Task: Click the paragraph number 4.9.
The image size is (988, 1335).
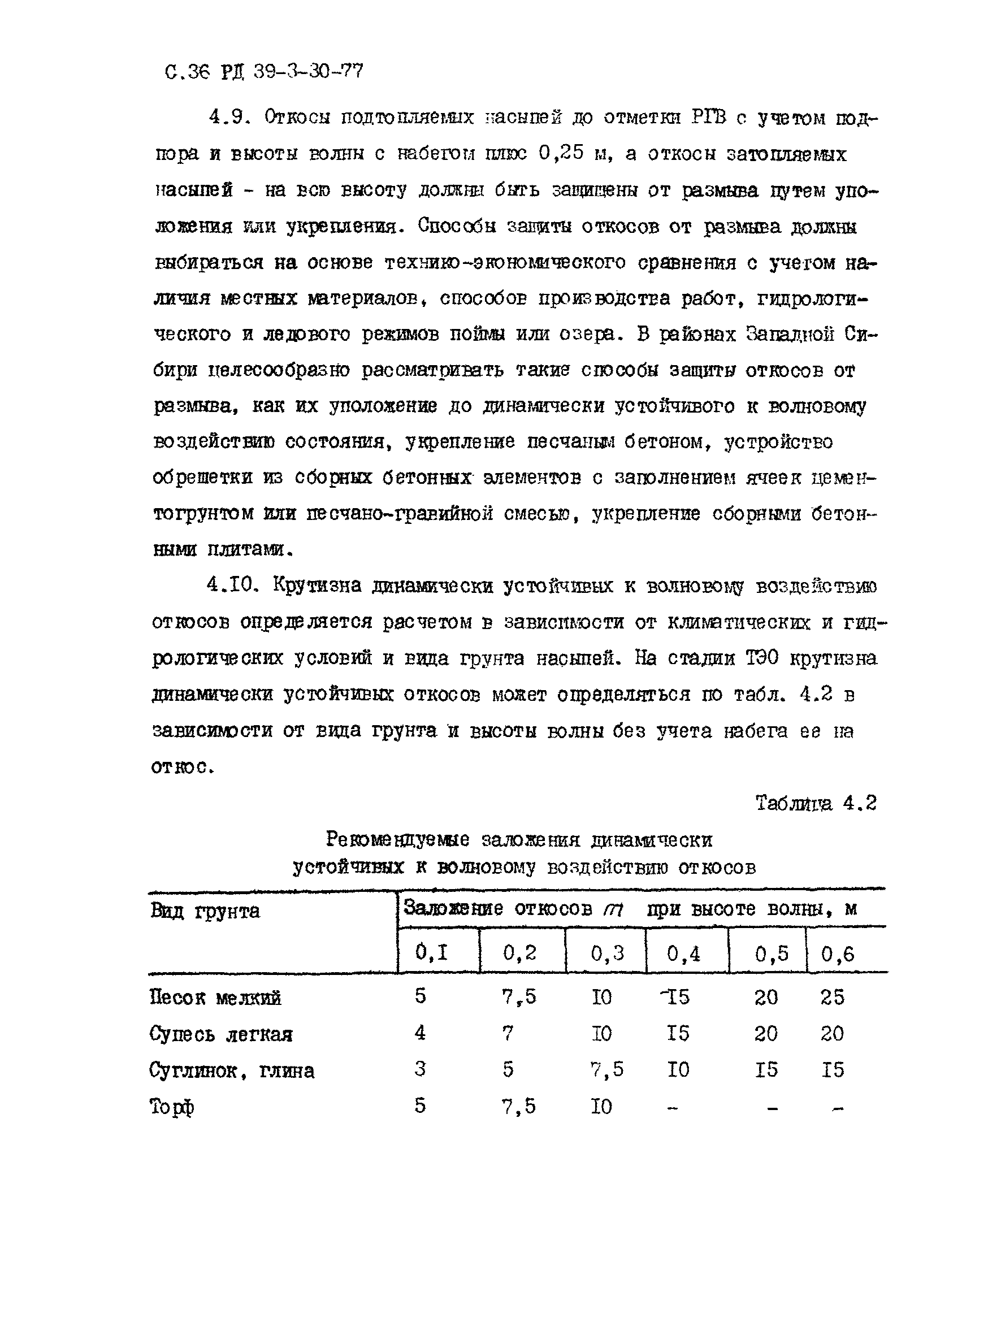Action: (228, 116)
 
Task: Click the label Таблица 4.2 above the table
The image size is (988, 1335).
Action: (816, 803)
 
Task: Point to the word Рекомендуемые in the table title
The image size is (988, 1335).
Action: (397, 840)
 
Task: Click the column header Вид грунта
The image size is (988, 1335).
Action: (205, 911)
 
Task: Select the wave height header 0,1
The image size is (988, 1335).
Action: (431, 952)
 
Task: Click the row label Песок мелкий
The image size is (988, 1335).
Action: (215, 997)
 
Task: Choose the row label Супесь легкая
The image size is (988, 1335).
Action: (220, 1034)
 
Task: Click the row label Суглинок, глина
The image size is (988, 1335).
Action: (231, 1070)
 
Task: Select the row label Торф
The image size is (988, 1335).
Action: (172, 1107)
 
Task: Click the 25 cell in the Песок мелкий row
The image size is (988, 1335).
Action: (832, 996)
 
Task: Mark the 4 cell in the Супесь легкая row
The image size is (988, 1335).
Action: (420, 1033)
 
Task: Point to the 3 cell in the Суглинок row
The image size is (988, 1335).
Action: (420, 1069)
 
